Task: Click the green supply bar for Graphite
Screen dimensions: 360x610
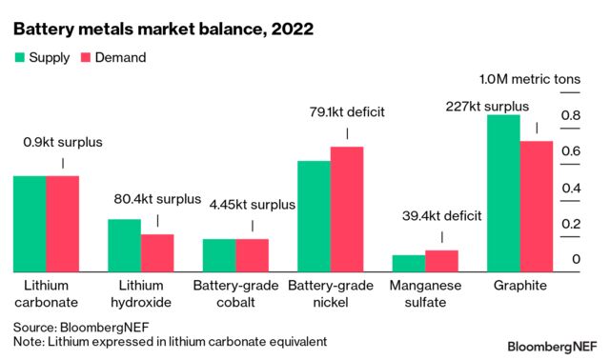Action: tap(503, 193)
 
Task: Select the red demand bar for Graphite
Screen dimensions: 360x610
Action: tap(536, 207)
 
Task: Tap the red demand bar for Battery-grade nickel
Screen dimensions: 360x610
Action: tap(347, 210)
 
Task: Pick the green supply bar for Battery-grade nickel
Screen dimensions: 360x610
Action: tap(314, 216)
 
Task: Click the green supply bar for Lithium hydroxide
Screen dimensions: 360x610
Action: tap(124, 246)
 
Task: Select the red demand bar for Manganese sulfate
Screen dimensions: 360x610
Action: tap(441, 261)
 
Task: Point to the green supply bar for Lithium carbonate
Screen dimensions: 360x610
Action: tap(29, 224)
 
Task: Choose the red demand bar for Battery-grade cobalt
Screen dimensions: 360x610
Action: tap(253, 255)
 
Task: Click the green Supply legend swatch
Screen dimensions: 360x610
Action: tap(19, 58)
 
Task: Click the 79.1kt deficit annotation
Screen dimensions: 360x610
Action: tap(347, 112)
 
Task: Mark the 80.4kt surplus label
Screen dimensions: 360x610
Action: tap(156, 200)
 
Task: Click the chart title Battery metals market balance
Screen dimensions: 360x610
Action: tap(163, 29)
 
